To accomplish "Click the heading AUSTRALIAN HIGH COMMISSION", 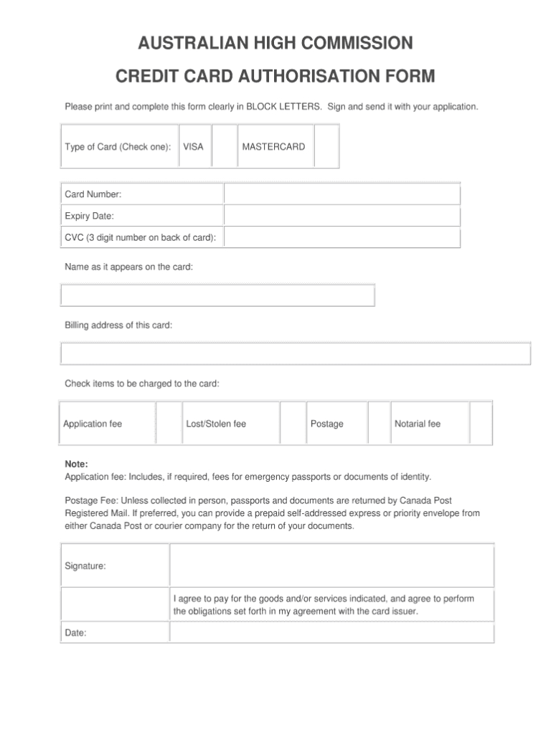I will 275,44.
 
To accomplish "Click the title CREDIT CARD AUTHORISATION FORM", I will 275,76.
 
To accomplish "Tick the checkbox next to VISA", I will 225,147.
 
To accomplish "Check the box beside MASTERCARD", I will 326,147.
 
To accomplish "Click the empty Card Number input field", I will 342,194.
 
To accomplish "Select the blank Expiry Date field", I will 342,216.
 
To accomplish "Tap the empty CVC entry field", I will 342,237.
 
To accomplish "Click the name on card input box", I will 218,295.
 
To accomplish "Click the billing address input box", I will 296,353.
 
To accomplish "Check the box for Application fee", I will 167,424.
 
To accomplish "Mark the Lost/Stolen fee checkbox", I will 293,424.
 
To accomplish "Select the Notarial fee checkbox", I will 481,424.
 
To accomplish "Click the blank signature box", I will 331,566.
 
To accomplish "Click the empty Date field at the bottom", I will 331,632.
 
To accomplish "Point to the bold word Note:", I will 76,464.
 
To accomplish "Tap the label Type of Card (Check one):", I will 118,147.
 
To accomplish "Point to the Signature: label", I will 85,566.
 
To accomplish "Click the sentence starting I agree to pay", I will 323,604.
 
